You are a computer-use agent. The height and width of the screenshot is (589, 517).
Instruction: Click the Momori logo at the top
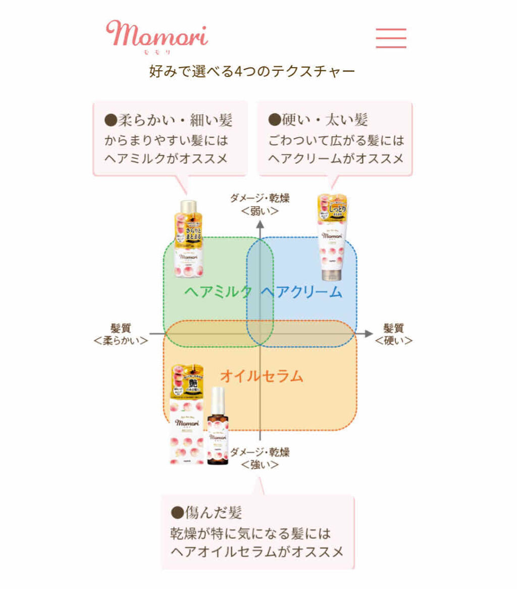coord(157,35)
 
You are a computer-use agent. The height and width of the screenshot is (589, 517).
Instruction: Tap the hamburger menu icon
coord(391,38)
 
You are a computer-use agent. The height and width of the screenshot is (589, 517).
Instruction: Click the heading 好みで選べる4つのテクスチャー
coord(252,71)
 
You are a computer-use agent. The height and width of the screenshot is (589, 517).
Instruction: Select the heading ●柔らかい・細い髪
coord(168,120)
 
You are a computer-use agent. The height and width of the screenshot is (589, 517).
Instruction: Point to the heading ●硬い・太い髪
coord(318,120)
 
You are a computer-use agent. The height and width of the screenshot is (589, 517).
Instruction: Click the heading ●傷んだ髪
coord(206,513)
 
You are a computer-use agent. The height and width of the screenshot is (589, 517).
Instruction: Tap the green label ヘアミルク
coord(218,291)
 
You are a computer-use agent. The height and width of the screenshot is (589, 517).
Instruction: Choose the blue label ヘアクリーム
coord(301,291)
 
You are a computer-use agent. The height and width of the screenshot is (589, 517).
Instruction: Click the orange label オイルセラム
coord(262,376)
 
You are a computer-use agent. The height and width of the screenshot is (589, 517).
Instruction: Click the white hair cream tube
coord(333,237)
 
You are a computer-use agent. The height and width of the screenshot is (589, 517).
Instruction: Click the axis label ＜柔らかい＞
coord(121,341)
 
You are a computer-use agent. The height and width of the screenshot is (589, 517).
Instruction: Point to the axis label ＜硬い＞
coord(394,341)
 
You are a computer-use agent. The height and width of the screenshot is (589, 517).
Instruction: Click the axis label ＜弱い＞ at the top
coord(260,210)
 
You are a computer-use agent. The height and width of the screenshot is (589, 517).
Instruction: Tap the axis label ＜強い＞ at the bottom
coord(260,464)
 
